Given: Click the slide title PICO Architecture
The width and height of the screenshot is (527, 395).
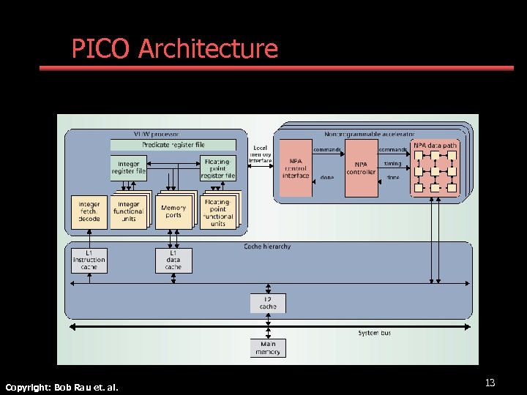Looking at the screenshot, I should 174,49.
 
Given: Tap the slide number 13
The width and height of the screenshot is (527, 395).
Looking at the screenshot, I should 490,383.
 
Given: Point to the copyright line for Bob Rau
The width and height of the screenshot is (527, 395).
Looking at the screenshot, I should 61,386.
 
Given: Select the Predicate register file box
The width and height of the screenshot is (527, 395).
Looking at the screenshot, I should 173,145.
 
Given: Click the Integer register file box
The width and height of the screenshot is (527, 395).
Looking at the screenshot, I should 128,168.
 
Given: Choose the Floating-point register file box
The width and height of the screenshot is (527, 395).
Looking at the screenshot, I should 218,168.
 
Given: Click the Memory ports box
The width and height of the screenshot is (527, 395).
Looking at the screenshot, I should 173,211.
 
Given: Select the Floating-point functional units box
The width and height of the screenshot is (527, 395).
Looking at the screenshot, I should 217,213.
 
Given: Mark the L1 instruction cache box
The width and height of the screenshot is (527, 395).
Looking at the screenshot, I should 89,260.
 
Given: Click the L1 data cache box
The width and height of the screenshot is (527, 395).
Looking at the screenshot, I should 173,260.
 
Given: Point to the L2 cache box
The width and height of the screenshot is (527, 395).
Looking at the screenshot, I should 268,303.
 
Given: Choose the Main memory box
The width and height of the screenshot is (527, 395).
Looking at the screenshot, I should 268,348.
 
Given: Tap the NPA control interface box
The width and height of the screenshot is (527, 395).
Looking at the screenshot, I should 296,168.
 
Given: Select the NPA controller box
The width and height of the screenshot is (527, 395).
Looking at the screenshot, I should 361,168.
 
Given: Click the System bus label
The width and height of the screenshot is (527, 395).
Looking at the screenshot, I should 374,333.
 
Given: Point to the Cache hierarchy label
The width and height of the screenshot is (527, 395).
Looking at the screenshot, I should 267,247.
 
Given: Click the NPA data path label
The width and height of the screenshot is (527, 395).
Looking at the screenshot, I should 435,146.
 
